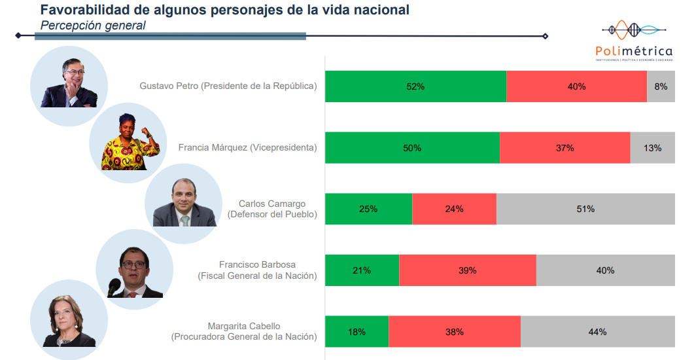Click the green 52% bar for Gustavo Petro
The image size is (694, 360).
(x=415, y=86)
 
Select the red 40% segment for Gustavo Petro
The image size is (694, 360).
(x=576, y=86)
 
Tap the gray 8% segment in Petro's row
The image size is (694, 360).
(x=661, y=86)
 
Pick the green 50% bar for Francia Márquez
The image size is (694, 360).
(x=412, y=148)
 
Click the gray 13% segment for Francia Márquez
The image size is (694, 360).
(x=652, y=148)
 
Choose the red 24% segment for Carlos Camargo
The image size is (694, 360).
(x=454, y=209)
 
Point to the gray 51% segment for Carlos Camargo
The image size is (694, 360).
(x=585, y=209)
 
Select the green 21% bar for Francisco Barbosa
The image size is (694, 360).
(x=362, y=270)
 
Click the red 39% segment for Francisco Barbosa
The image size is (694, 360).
(x=467, y=270)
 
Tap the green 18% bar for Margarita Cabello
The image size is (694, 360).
(x=356, y=332)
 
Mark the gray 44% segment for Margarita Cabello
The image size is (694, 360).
(x=597, y=332)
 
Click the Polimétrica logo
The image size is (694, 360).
(x=633, y=41)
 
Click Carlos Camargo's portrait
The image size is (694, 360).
(x=182, y=202)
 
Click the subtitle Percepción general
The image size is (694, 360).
(x=93, y=25)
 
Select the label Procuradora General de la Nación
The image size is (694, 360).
(x=244, y=337)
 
